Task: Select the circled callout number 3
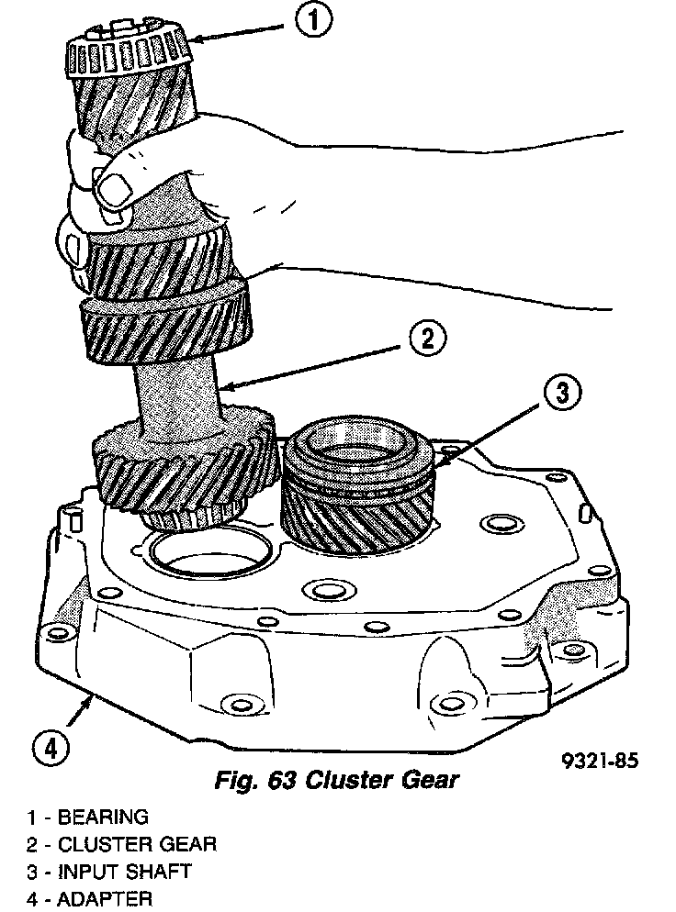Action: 560,395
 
